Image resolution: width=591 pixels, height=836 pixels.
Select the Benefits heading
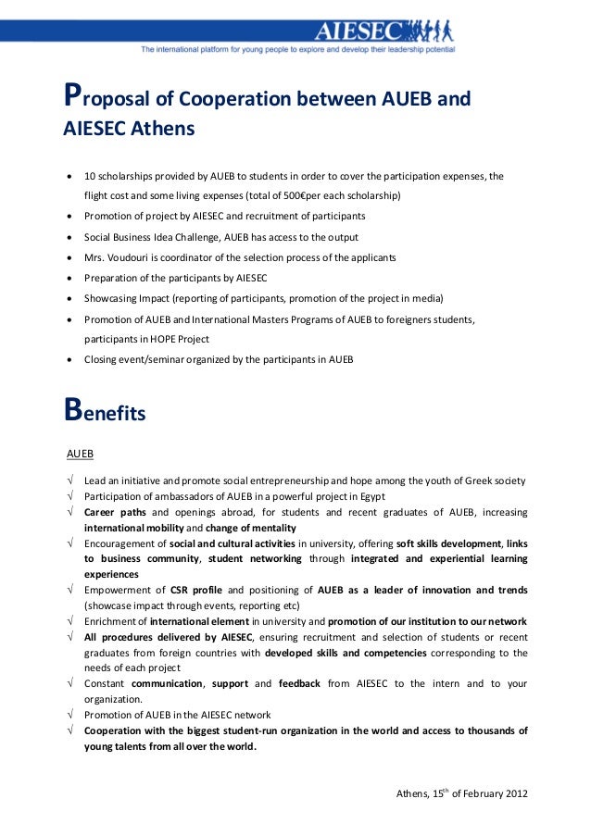pyautogui.click(x=104, y=413)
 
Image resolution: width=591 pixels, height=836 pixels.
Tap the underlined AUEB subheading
pyautogui.click(x=80, y=454)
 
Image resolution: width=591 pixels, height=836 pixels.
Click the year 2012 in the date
pyautogui.click(x=517, y=794)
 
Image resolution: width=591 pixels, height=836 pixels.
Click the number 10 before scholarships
pyautogui.click(x=89, y=176)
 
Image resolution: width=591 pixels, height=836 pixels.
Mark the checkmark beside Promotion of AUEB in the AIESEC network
pyautogui.click(x=70, y=715)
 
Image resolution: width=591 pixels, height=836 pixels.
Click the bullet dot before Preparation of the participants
pyautogui.click(x=70, y=278)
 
